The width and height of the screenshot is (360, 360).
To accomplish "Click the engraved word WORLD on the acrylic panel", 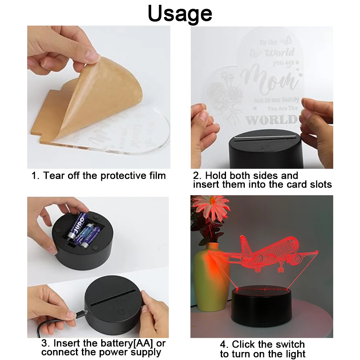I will click(x=272, y=120).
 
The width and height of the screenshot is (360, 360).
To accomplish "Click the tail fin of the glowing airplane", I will click(x=244, y=244).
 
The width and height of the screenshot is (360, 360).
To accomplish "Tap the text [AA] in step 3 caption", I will click(x=142, y=344).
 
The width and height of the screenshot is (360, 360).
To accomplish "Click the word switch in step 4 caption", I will click(x=290, y=344).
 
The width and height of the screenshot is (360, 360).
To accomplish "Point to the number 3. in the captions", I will click(x=46, y=344).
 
